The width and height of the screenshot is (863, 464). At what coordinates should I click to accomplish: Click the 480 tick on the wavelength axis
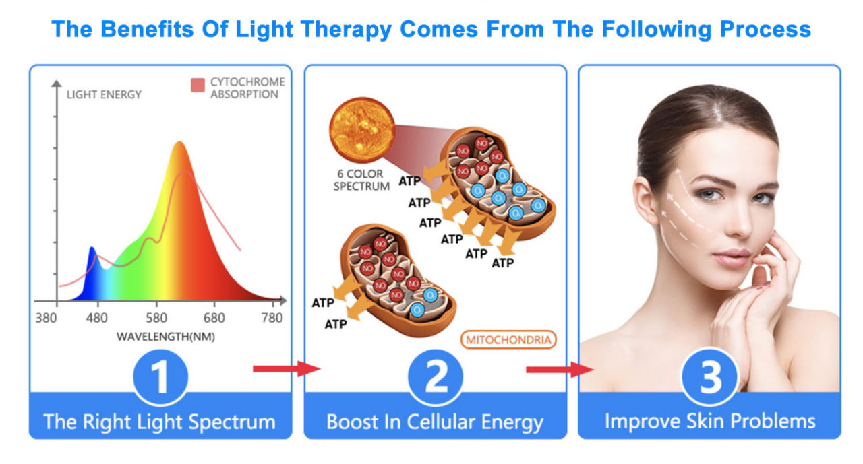[98, 317]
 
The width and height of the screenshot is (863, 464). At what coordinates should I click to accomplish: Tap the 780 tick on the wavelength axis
[272, 317]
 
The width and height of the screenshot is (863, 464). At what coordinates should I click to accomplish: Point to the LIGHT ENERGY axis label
[104, 94]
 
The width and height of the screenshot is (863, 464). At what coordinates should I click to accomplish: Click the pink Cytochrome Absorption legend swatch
[198, 85]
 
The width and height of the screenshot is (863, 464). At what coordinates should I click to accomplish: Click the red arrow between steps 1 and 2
[286, 368]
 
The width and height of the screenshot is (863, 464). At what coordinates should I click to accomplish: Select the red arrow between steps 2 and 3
[559, 369]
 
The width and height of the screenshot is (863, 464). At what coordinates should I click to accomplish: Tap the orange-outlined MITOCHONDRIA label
[509, 339]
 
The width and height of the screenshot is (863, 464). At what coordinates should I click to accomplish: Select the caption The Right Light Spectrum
[159, 422]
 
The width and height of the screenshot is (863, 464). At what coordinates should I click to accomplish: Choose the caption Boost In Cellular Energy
[435, 422]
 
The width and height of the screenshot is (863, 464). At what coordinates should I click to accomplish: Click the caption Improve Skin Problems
[710, 422]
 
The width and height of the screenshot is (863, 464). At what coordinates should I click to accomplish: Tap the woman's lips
[732, 257]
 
